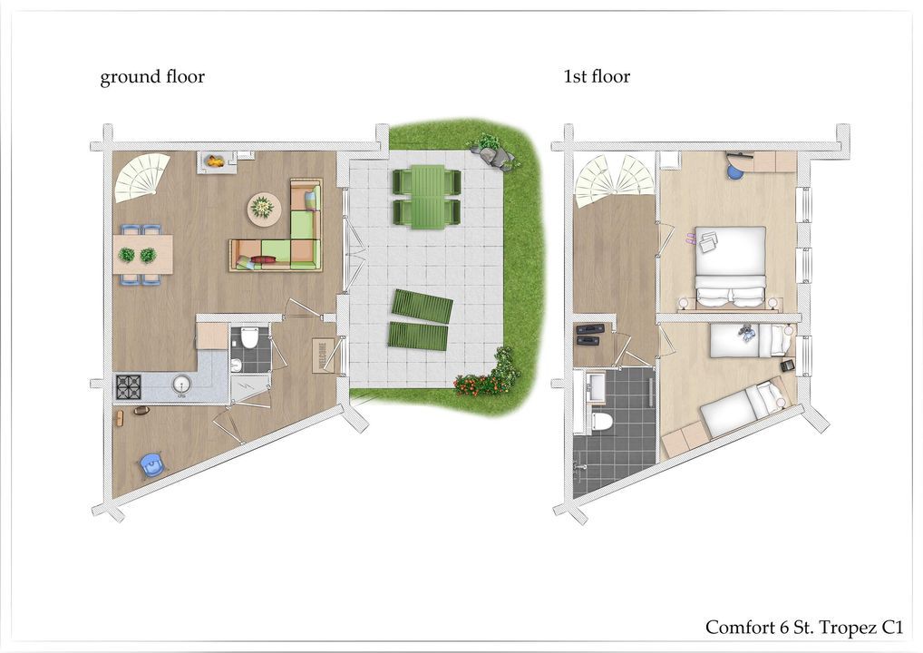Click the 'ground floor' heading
click(152, 77)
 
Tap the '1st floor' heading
click(597, 76)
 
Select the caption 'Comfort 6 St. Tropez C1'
click(804, 628)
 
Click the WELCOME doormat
click(323, 356)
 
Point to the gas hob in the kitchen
click(129, 387)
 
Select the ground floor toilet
click(248, 338)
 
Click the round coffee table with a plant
click(264, 209)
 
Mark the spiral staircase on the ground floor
click(142, 177)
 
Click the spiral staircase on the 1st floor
click(615, 180)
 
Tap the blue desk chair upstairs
click(734, 171)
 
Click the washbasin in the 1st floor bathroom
click(596, 387)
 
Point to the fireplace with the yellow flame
click(214, 161)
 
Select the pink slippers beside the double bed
click(691, 239)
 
